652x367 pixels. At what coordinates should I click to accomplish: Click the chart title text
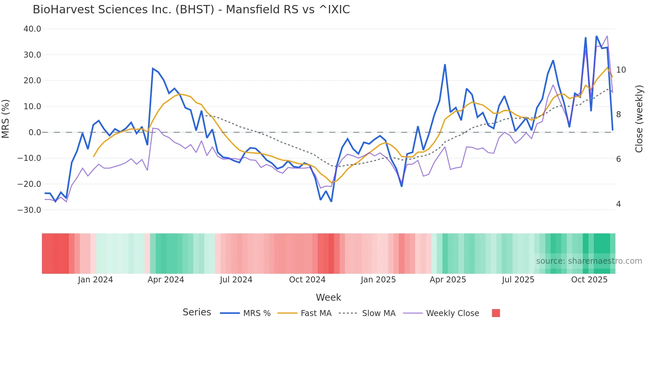[191, 10]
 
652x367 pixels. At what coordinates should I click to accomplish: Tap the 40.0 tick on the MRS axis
[32, 29]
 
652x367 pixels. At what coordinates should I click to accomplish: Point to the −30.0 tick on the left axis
[29, 210]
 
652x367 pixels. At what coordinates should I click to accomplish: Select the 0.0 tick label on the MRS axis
[35, 133]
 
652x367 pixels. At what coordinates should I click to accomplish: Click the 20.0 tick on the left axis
[32, 81]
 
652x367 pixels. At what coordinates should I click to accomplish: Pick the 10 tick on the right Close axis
[621, 70]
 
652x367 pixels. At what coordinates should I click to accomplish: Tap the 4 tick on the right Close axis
[618, 204]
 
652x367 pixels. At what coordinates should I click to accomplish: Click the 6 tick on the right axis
[618, 159]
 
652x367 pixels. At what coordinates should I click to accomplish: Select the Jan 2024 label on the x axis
[95, 280]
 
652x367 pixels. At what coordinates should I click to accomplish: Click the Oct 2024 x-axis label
[307, 280]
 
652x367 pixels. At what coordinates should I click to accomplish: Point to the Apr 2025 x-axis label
[448, 280]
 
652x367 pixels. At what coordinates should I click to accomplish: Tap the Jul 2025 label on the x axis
[518, 280]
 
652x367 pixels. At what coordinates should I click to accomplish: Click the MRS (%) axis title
[6, 119]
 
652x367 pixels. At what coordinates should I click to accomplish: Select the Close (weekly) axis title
[639, 119]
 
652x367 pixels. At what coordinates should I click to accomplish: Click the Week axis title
[328, 297]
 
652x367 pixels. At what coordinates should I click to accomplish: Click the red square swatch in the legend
[496, 313]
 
